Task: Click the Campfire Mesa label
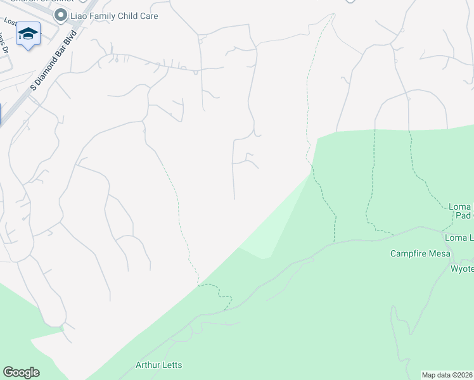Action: [420, 254]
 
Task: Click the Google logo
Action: [21, 372]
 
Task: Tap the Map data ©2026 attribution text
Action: [447, 375]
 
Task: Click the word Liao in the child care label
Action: [80, 15]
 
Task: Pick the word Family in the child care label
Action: [106, 15]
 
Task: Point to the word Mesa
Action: [439, 254]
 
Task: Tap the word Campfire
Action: [409, 254]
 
